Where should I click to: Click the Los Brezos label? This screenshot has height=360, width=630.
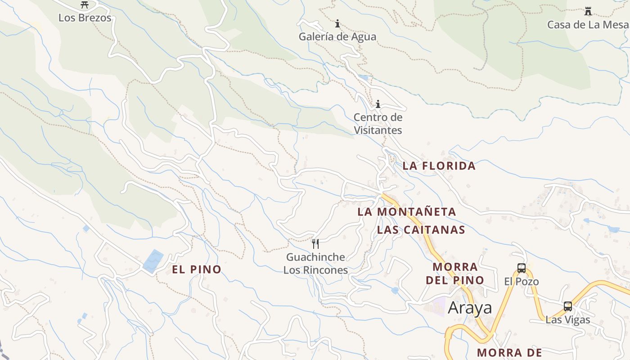(85, 18)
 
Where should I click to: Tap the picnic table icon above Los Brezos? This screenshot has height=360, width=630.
(85, 5)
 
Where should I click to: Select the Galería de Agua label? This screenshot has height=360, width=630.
(337, 36)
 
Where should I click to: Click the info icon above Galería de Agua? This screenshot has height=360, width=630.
(337, 23)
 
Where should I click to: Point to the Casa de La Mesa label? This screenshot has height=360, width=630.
(588, 24)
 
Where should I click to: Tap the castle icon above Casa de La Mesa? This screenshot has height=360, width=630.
(588, 11)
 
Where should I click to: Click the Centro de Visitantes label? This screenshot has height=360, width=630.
(378, 124)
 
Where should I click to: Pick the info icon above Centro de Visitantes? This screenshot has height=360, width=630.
(378, 104)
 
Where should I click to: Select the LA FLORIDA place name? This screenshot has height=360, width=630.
(439, 166)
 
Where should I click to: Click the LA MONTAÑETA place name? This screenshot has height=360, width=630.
(407, 211)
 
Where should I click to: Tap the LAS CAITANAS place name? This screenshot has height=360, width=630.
(421, 230)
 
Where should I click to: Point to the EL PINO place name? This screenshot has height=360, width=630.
(197, 270)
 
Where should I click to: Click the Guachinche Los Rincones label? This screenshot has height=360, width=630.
(316, 264)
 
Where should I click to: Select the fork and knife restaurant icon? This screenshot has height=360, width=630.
(315, 244)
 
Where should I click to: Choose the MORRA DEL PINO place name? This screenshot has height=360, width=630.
(454, 273)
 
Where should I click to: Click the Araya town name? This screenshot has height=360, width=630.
(470, 308)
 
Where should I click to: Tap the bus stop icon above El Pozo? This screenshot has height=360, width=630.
(522, 268)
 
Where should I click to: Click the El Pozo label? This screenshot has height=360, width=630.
(521, 282)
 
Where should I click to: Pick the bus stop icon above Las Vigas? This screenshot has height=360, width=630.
(568, 306)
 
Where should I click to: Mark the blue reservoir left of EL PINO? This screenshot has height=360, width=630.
(153, 261)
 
